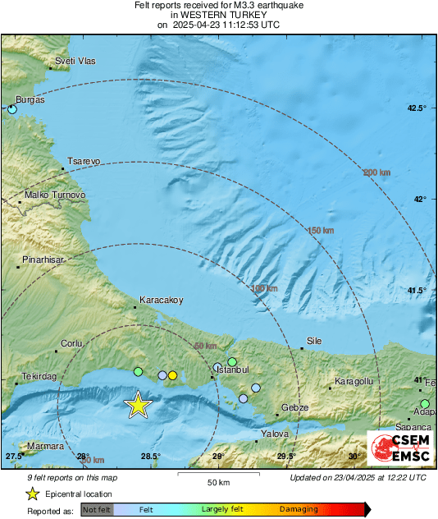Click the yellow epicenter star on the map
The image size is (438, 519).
pyautogui.click(x=139, y=404)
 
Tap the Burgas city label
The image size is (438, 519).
pyautogui.click(x=30, y=99)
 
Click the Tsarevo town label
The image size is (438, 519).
pyautogui.click(x=84, y=162)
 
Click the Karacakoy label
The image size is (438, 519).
pyautogui.click(x=161, y=300)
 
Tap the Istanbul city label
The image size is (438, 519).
pyautogui.click(x=231, y=370)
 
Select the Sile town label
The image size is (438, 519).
pyautogui.click(x=314, y=341)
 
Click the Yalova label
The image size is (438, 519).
pyautogui.click(x=275, y=433)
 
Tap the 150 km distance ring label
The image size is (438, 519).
pyautogui.click(x=321, y=231)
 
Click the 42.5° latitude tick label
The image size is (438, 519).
pyautogui.click(x=418, y=108)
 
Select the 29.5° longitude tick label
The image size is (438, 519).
pyautogui.click(x=285, y=457)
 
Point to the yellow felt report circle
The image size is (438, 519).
pyautogui.click(x=172, y=375)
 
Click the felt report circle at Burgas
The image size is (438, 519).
pyautogui.click(x=11, y=108)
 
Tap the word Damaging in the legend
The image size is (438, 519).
pyautogui.click(x=299, y=509)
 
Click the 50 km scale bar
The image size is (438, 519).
pyautogui.click(x=217, y=475)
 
